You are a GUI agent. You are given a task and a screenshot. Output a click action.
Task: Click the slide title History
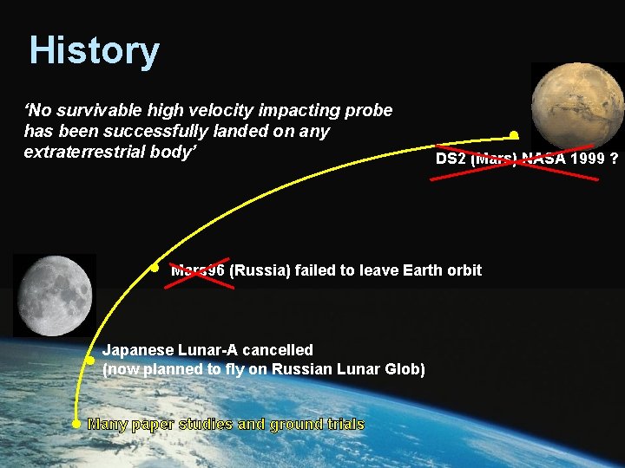94,51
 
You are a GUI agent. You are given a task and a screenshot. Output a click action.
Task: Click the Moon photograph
54,296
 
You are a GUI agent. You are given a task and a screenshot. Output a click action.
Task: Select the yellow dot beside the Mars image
514,135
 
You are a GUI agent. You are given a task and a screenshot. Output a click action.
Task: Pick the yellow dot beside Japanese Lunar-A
89,359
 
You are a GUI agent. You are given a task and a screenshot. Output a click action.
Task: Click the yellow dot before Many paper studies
76,424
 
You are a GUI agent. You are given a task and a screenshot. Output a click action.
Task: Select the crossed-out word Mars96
198,270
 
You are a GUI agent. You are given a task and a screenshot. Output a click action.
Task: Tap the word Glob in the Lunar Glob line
405,369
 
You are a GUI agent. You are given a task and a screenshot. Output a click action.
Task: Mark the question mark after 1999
614,159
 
